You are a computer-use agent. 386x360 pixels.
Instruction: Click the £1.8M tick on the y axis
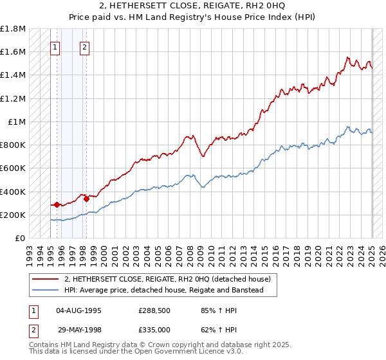coord(13,29)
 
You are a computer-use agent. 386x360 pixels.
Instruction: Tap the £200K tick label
coord(13,215)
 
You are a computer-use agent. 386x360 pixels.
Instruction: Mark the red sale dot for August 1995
coord(57,204)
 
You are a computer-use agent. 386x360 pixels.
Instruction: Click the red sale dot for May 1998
coord(86,199)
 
